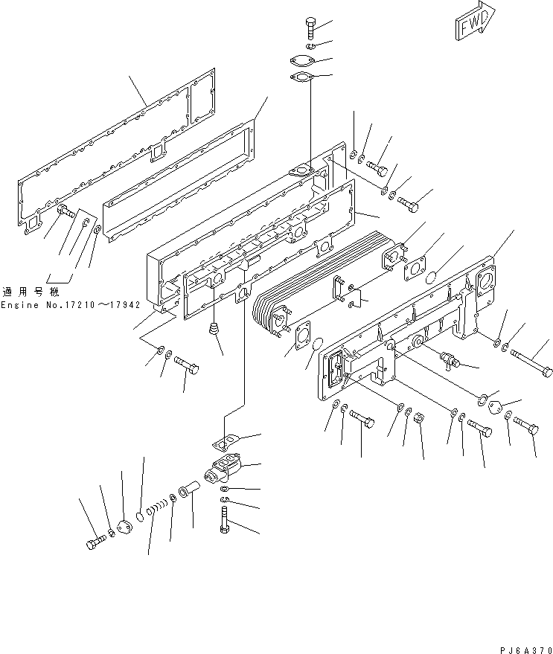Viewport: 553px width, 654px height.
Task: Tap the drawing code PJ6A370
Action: tap(526, 650)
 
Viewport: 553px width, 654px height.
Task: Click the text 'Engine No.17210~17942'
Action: tap(71, 305)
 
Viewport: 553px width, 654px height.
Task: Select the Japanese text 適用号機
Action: tap(31, 291)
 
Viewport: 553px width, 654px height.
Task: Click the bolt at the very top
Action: tap(311, 27)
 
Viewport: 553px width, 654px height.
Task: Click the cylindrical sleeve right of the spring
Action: tap(188, 489)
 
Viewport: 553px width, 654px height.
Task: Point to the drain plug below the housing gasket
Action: tap(214, 328)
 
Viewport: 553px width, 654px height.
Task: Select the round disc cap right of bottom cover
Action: tap(496, 407)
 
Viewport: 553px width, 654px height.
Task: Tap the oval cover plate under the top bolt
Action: tap(301, 61)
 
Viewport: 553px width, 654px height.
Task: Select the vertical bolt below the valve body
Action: tap(224, 519)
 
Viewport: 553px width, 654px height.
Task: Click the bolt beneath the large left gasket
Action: tap(66, 211)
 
